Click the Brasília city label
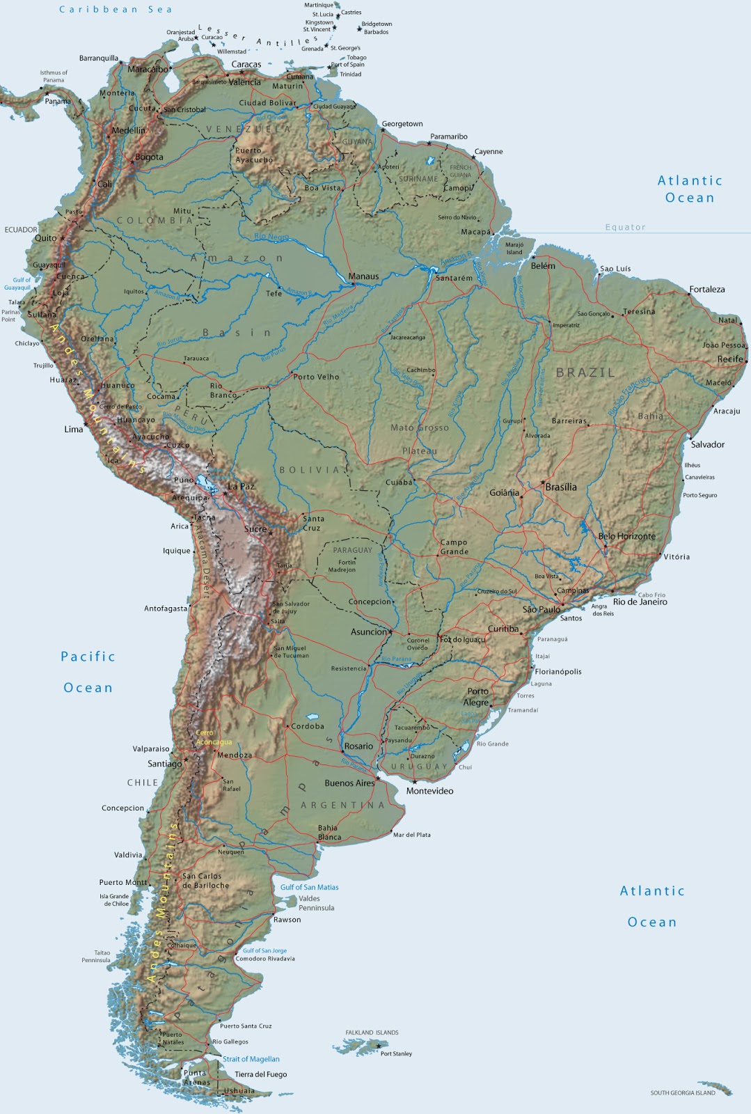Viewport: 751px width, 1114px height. pyautogui.click(x=561, y=487)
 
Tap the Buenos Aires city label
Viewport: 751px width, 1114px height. pyautogui.click(x=349, y=783)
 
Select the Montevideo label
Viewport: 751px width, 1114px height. pyautogui.click(x=429, y=791)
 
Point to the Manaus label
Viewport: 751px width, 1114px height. pyautogui.click(x=363, y=276)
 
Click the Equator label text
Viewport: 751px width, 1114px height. pyautogui.click(x=625, y=227)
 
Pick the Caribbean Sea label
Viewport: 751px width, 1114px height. pyautogui.click(x=116, y=10)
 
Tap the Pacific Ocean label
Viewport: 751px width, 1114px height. pyautogui.click(x=88, y=672)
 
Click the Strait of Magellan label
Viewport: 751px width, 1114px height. pyautogui.click(x=251, y=1059)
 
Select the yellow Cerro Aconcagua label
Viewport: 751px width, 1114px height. pyautogui.click(x=213, y=737)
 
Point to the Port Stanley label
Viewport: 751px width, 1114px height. pyautogui.click(x=396, y=1053)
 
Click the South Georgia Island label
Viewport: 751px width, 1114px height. pyautogui.click(x=683, y=1092)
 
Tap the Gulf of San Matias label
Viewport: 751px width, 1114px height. pyautogui.click(x=309, y=887)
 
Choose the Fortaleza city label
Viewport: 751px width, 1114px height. pyautogui.click(x=706, y=290)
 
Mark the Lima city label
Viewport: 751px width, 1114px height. pyautogui.click(x=73, y=430)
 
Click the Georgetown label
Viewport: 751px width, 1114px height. pyautogui.click(x=402, y=124)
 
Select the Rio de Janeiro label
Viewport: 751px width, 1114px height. pyautogui.click(x=640, y=602)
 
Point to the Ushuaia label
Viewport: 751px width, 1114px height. pyautogui.click(x=239, y=1091)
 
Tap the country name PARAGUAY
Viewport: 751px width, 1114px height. pyautogui.click(x=352, y=550)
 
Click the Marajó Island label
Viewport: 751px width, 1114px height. pyautogui.click(x=514, y=249)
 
